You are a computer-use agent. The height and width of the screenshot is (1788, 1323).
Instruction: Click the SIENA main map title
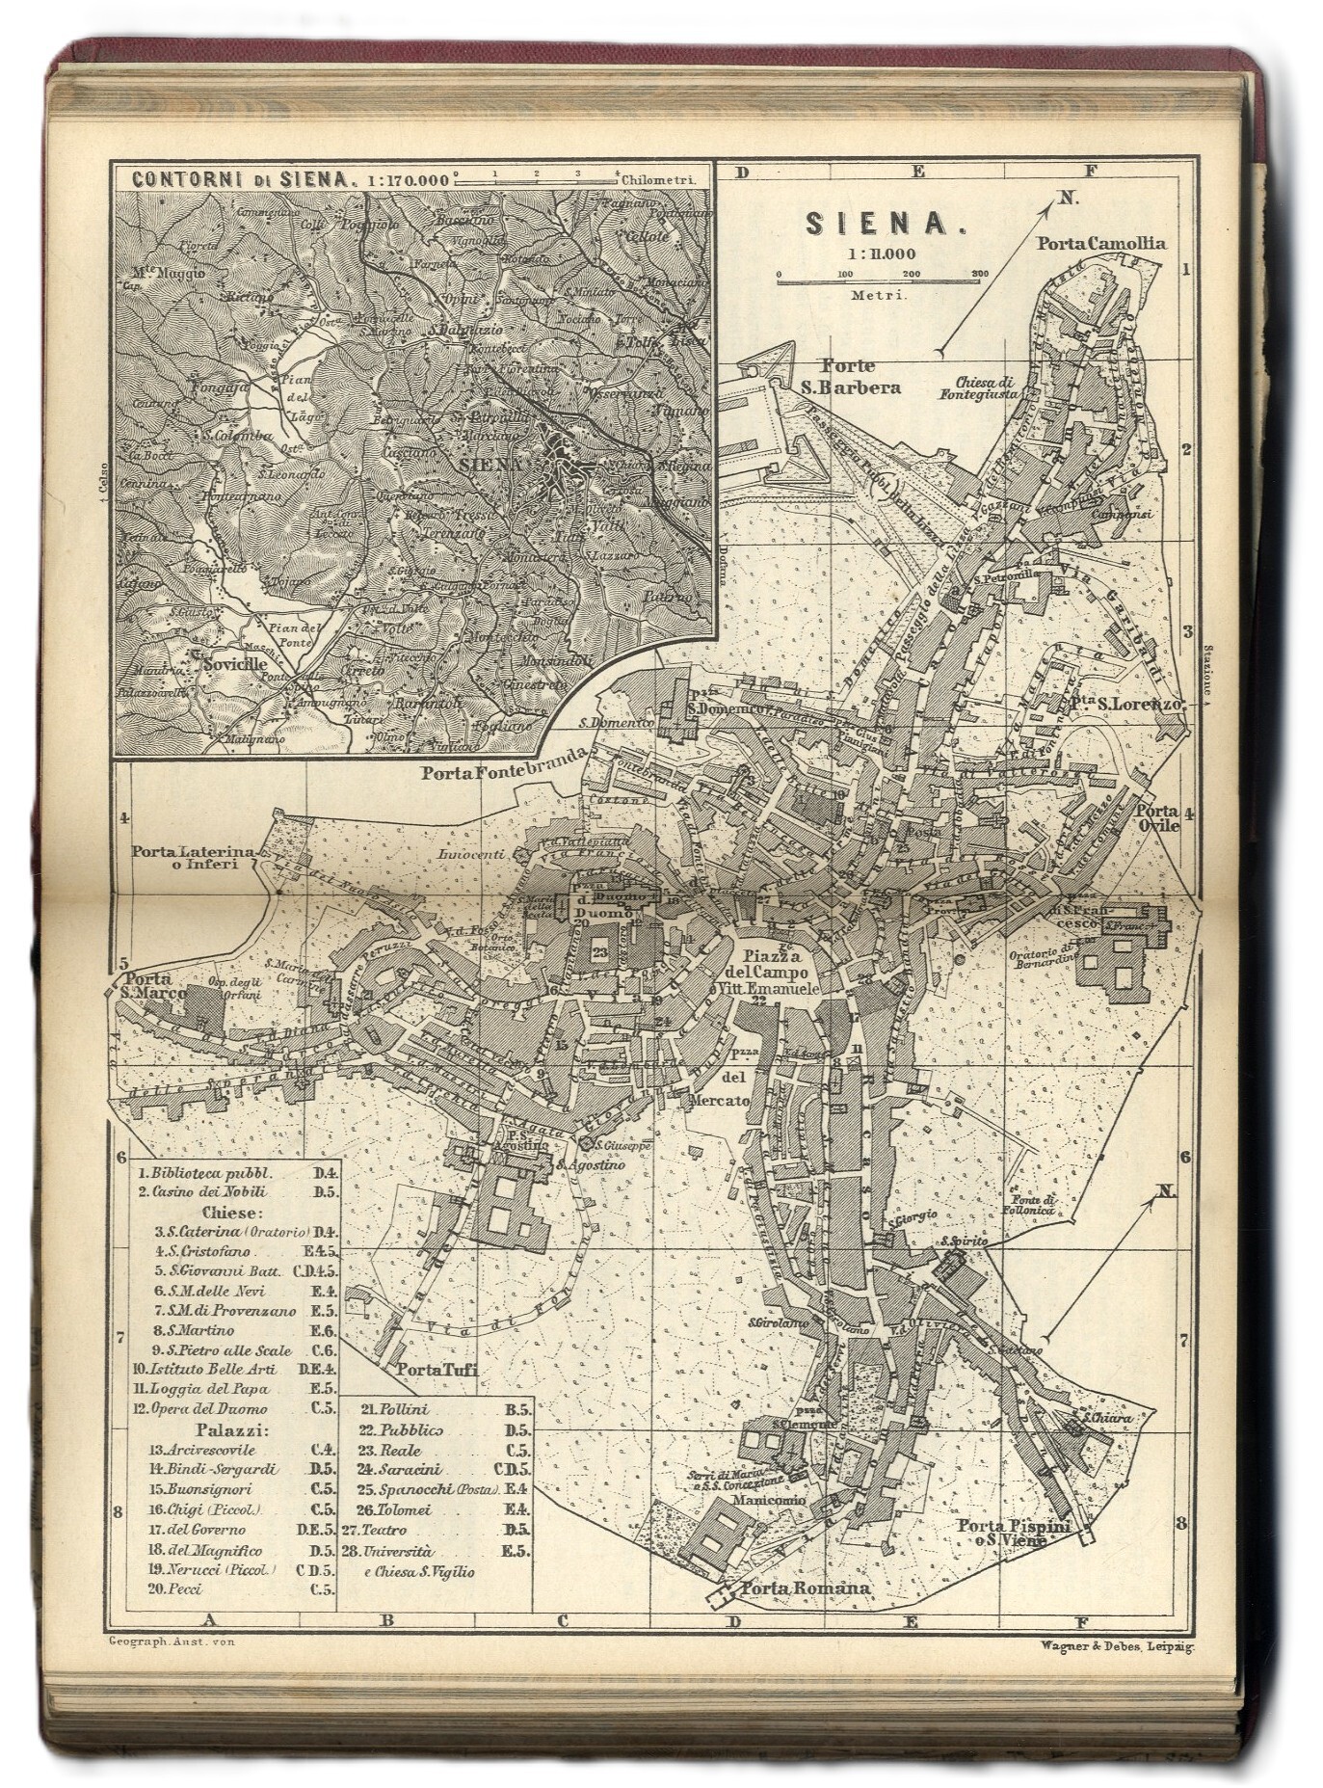872,224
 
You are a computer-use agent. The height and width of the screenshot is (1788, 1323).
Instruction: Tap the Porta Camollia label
1100,244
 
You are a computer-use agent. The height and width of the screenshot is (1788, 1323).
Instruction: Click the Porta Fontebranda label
504,772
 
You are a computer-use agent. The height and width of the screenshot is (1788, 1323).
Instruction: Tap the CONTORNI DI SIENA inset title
236,178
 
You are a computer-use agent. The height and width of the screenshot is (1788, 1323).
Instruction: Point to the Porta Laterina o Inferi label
193,857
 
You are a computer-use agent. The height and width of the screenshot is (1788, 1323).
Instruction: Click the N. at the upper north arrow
1067,198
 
